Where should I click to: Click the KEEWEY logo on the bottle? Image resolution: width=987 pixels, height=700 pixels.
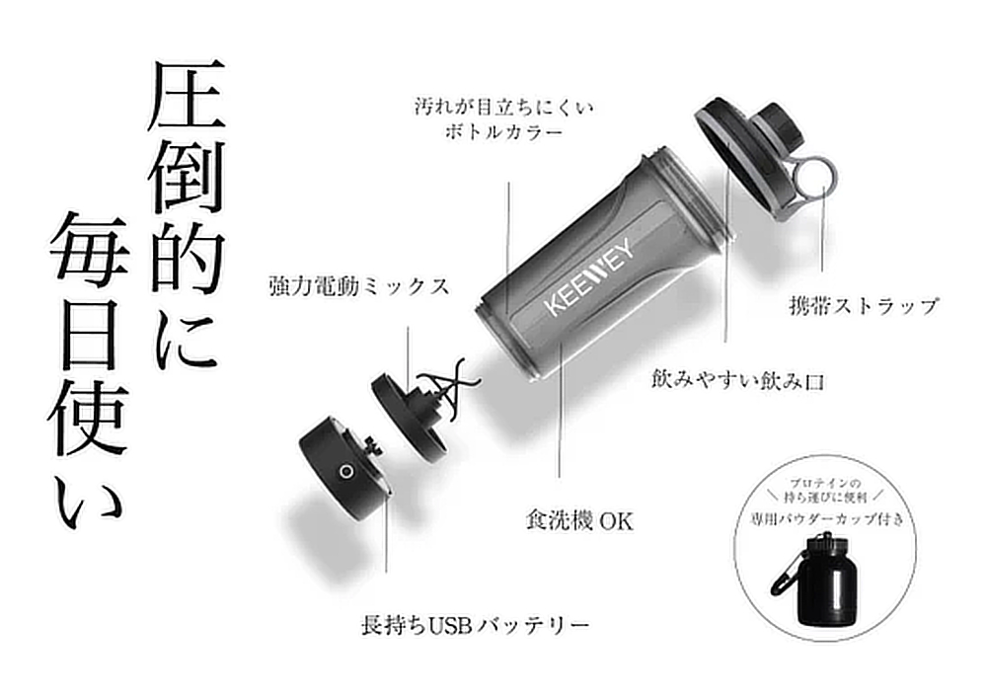coord(590,275)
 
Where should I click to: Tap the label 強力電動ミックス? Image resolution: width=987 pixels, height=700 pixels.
coord(359,286)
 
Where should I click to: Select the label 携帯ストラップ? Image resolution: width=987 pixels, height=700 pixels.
coord(863,307)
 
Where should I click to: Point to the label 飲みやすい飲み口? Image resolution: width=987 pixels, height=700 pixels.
coord(738,380)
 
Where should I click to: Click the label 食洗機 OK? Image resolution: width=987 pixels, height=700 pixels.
coord(579,520)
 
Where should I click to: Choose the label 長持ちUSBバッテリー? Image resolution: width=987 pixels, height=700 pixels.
coord(476,625)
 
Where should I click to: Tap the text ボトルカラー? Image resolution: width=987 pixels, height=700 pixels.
coord(503,133)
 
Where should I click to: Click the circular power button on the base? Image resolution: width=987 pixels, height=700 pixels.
coord(345,472)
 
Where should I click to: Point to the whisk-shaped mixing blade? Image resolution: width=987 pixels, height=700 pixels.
coord(447,383)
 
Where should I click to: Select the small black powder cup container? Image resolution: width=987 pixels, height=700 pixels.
coord(821,582)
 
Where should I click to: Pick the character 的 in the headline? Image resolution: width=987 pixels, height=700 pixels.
coord(187,260)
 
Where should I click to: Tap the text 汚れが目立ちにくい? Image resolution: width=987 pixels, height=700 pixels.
coord(503,107)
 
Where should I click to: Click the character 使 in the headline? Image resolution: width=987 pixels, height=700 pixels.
coord(88,420)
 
